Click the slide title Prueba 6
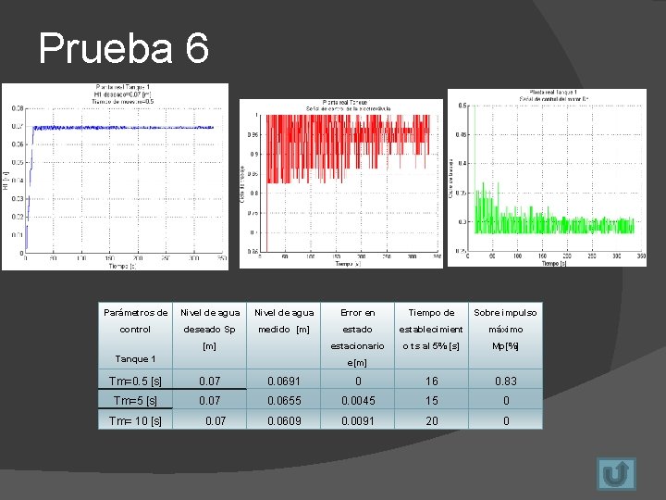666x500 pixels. (124, 48)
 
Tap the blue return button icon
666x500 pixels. (615, 473)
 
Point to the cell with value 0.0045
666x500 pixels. (357, 400)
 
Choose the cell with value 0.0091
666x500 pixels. (357, 420)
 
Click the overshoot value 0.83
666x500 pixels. (506, 381)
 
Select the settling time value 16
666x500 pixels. (430, 381)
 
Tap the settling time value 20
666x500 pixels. (430, 420)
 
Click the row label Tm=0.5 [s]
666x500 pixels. (135, 381)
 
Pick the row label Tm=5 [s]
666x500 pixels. (135, 400)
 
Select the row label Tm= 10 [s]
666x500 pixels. (135, 420)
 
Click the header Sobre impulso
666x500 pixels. (505, 313)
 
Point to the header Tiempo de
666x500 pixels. (430, 313)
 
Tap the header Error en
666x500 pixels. (357, 313)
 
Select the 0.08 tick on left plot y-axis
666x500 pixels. (18, 107)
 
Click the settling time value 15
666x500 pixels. (430, 400)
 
